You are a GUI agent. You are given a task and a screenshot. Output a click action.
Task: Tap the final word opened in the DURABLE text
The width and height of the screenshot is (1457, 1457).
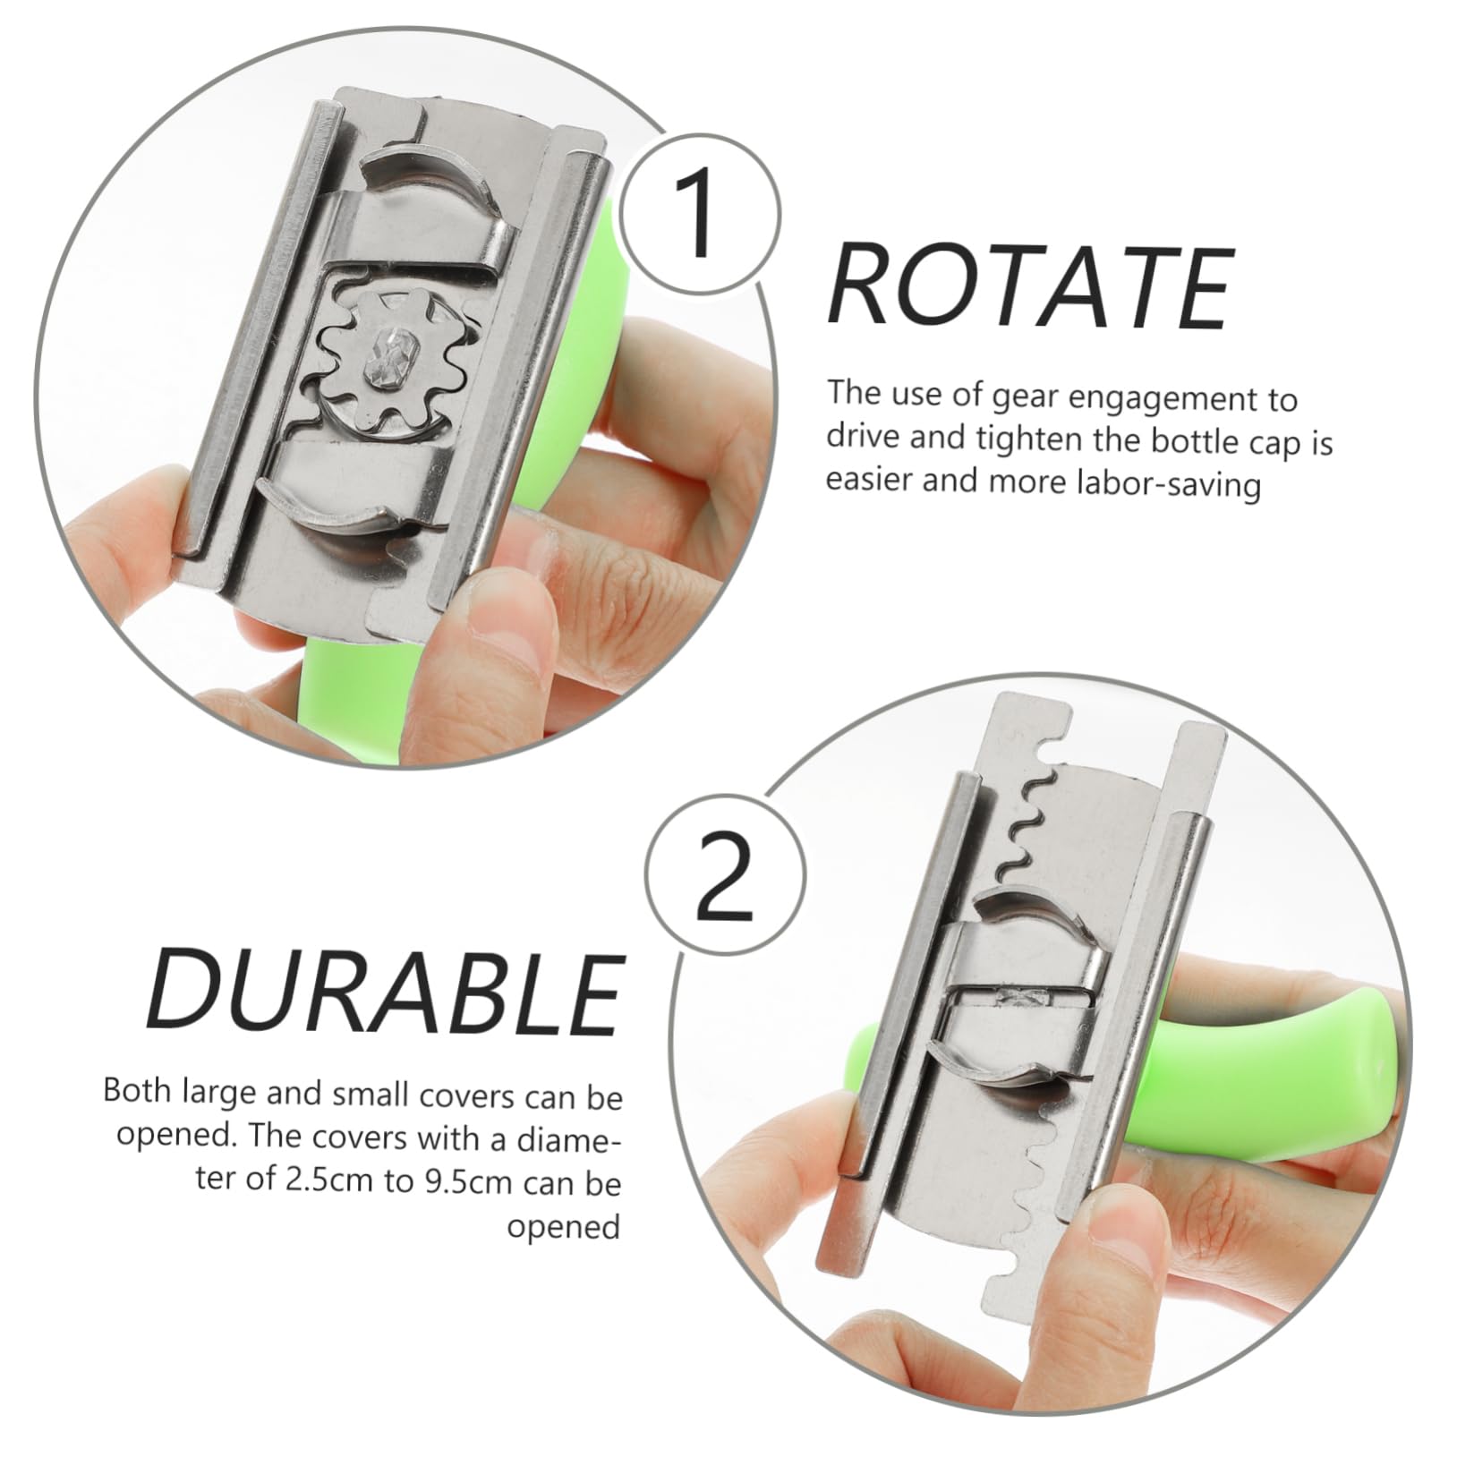pyautogui.click(x=563, y=1226)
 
